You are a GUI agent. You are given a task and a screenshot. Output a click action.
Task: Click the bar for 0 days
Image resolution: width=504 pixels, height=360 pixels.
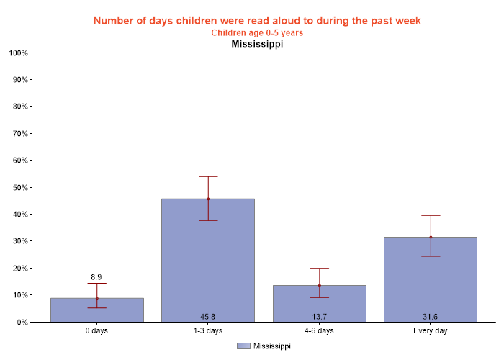[96, 310]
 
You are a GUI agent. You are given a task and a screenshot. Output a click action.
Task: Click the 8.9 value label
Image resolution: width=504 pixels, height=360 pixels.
[96, 277]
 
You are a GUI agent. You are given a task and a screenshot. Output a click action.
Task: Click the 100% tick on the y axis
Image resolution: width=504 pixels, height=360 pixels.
[18, 53]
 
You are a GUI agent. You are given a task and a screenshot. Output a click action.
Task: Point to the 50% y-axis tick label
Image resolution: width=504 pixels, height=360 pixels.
[19, 187]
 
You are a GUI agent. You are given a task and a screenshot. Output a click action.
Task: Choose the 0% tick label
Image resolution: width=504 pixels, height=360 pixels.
[22, 323]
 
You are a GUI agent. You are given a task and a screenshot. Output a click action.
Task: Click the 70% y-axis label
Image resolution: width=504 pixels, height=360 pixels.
[19, 134]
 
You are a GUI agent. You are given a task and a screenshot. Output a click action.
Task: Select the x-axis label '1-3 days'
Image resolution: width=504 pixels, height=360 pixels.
[208, 331]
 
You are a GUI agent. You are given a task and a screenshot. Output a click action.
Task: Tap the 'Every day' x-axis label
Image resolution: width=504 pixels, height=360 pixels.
[431, 331]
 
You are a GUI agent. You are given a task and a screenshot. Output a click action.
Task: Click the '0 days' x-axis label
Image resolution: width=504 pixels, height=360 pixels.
[96, 331]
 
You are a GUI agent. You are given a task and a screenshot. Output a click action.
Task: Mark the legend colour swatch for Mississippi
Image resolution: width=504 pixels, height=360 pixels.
[243, 346]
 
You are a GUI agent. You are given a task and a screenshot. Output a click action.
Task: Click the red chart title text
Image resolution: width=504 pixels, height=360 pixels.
[257, 20]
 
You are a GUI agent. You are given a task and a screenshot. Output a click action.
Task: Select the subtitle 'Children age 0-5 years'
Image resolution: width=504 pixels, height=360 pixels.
[257, 33]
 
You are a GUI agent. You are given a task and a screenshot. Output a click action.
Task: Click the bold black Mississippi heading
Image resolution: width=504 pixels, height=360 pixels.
[257, 45]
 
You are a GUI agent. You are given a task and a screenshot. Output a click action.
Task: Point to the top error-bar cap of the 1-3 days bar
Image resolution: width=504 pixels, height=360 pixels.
[208, 176]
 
